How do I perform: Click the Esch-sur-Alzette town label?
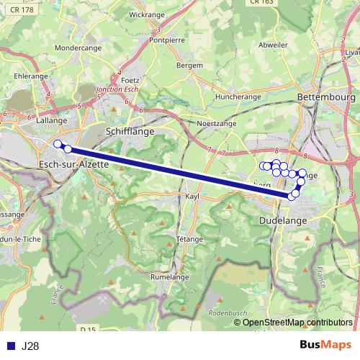tap(72, 164)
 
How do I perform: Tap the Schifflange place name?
tap(130, 132)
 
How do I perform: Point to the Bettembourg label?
tap(326, 96)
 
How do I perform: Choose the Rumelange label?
tap(170, 276)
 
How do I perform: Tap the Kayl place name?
tap(192, 196)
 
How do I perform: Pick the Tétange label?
tap(189, 239)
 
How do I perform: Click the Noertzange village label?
tap(216, 124)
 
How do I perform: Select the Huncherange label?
tap(238, 96)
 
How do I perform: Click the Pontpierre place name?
tap(167, 41)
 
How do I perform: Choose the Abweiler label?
tap(272, 44)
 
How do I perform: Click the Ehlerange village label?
tap(30, 75)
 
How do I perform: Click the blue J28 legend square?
tap(11, 346)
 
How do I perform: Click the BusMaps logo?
tap(326, 346)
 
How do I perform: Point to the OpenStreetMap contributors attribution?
tap(297, 323)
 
